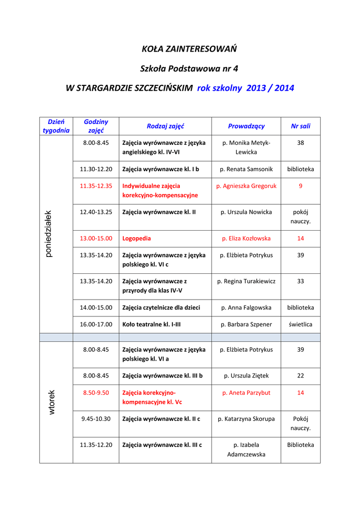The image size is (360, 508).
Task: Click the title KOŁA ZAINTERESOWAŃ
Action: tap(189, 49)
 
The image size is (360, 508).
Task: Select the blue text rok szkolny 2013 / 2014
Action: tap(245, 88)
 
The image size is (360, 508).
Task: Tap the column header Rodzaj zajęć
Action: tap(165, 126)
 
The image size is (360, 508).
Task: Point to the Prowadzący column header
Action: tap(246, 126)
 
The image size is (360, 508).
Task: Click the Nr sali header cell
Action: tap(300, 126)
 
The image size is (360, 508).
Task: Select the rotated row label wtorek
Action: tap(52, 402)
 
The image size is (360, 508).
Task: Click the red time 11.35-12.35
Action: tap(96, 186)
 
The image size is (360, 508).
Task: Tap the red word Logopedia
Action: tap(137, 238)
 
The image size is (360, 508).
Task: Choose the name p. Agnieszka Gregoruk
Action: tap(246, 186)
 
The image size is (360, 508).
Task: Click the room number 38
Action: tap(300, 143)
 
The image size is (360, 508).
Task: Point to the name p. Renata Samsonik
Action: tap(246, 169)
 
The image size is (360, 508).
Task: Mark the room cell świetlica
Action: tap(300, 324)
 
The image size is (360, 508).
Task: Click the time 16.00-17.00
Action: tap(96, 324)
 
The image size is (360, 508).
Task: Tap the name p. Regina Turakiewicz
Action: tap(246, 281)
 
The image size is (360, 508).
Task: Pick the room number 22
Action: tap(300, 376)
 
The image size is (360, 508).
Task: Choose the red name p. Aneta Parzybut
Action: tap(246, 392)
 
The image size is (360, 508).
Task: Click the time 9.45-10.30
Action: tap(96, 419)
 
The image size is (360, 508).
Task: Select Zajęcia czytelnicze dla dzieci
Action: tap(161, 308)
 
